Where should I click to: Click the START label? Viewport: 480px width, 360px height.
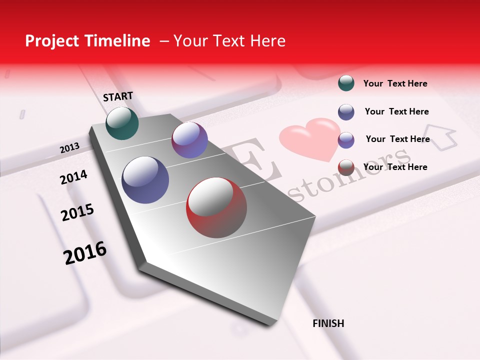[118, 96]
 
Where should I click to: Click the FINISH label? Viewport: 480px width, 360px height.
[328, 323]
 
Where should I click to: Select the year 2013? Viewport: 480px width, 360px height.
[69, 148]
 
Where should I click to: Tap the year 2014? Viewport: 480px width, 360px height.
[73, 177]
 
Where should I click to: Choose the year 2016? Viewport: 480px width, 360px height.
[85, 253]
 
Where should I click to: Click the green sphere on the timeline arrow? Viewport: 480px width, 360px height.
[122, 123]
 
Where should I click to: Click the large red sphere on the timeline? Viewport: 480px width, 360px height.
[216, 207]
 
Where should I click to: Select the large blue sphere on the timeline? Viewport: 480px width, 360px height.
[145, 180]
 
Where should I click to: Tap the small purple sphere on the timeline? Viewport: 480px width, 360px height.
[189, 140]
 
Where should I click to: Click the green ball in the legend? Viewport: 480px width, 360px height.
[346, 83]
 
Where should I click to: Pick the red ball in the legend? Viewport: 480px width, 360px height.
[346, 167]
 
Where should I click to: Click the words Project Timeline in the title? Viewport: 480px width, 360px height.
[87, 41]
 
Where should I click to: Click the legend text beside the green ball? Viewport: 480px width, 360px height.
[395, 83]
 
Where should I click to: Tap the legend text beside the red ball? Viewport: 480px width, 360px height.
[395, 167]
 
